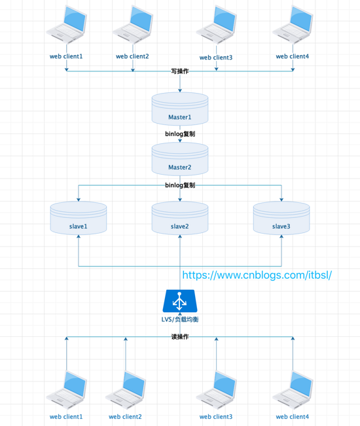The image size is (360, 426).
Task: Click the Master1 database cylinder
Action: [x=180, y=109]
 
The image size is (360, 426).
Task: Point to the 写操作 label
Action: [x=180, y=71]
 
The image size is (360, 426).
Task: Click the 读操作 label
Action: [x=180, y=337]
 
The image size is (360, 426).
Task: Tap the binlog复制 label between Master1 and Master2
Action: [x=180, y=133]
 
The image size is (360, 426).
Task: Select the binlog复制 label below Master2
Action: [x=180, y=185]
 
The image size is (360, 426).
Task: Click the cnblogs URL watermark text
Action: [x=257, y=275]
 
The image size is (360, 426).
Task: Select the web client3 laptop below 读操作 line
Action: [x=216, y=390]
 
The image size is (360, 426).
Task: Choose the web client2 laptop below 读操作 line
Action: [x=125, y=390]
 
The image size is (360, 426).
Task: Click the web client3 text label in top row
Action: [x=216, y=58]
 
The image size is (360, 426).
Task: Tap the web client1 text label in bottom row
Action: [x=66, y=417]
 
